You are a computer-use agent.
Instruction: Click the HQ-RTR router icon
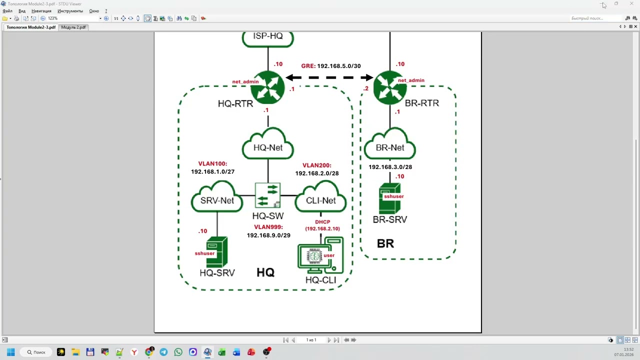click(268, 87)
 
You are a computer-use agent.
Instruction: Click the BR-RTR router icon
click(390, 87)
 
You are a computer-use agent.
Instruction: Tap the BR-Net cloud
click(390, 147)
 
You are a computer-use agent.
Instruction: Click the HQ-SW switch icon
click(268, 195)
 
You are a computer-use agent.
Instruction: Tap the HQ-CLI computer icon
click(320, 255)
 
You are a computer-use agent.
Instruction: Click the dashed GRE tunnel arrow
click(329, 77)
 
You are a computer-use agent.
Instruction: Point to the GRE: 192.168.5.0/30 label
click(330, 66)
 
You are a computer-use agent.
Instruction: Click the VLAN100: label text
click(212, 163)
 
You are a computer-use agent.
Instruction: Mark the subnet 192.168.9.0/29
click(268, 235)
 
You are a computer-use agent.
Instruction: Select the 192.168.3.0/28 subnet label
click(390, 167)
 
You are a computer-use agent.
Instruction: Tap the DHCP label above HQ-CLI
click(322, 222)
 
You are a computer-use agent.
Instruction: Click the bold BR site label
click(385, 243)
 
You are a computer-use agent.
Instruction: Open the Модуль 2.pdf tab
click(73, 27)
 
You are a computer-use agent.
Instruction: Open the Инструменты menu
click(70, 11)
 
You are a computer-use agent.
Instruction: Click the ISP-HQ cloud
click(268, 37)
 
